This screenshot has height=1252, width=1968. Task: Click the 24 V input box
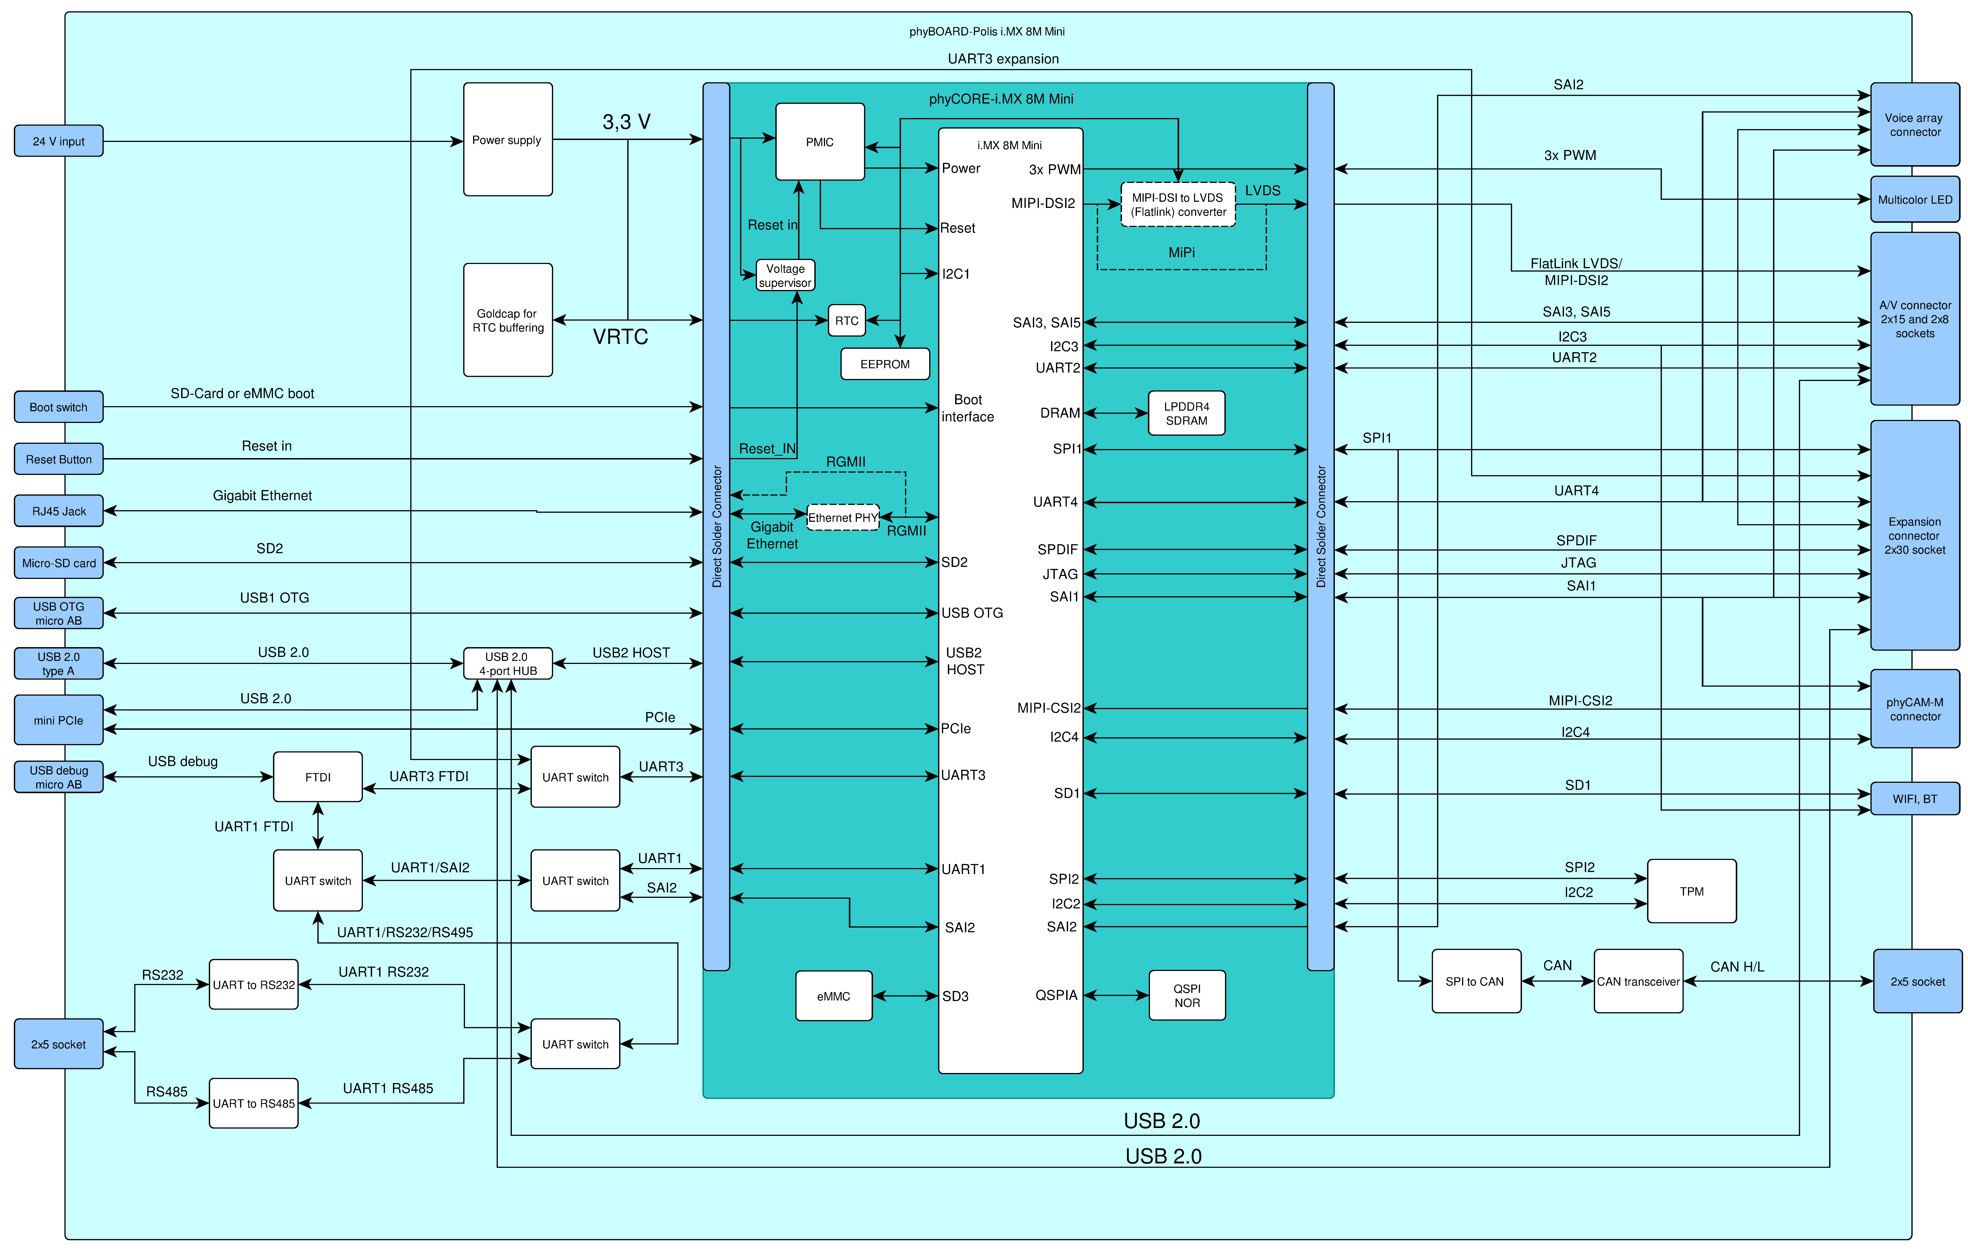coord(59,141)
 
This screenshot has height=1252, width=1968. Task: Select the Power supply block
coord(508,139)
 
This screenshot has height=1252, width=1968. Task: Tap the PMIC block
coord(820,141)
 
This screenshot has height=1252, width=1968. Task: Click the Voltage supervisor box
coord(785,275)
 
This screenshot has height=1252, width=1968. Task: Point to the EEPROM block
coord(885,364)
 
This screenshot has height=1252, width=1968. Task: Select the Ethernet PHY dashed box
coord(843,517)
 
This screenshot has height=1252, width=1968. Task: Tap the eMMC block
coord(834,995)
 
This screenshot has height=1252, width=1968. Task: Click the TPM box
coord(1692,891)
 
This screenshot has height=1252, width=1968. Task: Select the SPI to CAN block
coord(1476,981)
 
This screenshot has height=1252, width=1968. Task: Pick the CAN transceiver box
coord(1639,981)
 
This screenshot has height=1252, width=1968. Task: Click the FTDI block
coord(318,776)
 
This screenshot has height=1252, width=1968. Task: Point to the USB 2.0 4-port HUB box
coord(508,664)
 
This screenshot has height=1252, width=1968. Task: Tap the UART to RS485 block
coord(253,1103)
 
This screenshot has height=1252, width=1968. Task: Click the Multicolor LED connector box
coord(1915,199)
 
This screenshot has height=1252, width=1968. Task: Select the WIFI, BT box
coord(1915,798)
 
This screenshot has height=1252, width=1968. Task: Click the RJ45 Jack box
coord(59,511)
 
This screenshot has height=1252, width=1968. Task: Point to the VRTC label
coord(620,337)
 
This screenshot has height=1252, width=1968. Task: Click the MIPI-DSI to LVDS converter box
coord(1178,204)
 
